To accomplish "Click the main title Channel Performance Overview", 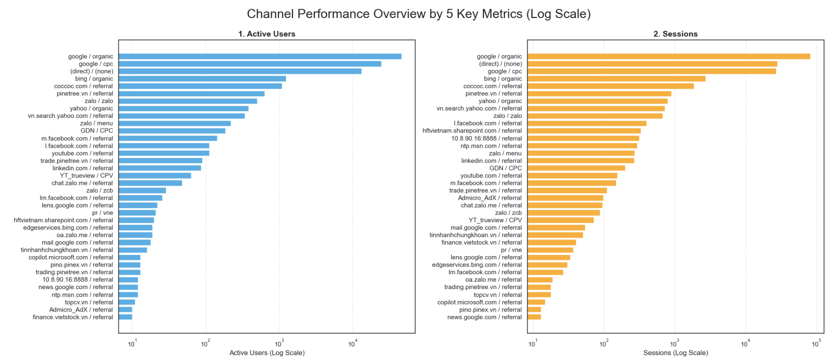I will pos(418,14).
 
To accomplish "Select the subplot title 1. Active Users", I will pos(267,34).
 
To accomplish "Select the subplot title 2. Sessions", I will pos(675,34).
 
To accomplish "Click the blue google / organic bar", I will pos(260,56).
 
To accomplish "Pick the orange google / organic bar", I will pos(668,56).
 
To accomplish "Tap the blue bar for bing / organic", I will pos(202,79).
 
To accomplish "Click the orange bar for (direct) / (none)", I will pos(652,64).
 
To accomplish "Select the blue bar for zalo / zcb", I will pos(142,191).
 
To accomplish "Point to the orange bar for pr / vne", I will pos(550,250).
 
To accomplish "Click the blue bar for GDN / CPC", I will pos(172,131).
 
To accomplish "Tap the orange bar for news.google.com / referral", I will pos(534,317).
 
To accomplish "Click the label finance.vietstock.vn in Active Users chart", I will pos(73,317).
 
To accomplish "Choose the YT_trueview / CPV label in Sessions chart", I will pos(495,220).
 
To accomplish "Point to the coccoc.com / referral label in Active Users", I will pos(83,86).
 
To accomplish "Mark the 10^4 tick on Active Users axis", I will pos(352,344).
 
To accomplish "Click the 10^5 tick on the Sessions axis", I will pos(816,344).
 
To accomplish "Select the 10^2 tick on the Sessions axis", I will pos(603,344).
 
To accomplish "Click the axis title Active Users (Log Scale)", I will pos(267,353).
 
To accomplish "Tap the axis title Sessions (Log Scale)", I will pos(675,353).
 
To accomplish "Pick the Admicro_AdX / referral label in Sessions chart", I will pos(490,198).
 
